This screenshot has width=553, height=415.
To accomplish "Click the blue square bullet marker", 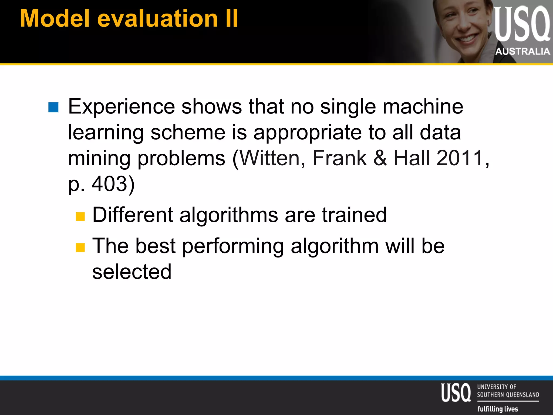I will click(53, 107).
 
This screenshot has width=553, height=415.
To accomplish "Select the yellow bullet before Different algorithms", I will click(80, 216).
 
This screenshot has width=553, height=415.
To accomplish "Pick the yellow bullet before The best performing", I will click(80, 247).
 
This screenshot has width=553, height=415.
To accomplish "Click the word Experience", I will click(122, 107).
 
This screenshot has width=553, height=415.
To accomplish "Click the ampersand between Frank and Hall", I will click(380, 158).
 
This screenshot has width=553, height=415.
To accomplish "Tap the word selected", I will click(132, 272).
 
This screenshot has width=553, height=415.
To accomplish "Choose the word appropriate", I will click(308, 132).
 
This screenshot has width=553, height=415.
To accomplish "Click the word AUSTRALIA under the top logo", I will click(522, 51).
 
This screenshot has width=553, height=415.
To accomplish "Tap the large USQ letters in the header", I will click(521, 24).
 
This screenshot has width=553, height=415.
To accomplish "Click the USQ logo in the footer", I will click(456, 393).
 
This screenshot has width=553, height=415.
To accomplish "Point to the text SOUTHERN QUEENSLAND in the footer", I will click(508, 395).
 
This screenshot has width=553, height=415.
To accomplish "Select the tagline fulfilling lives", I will click(498, 409).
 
